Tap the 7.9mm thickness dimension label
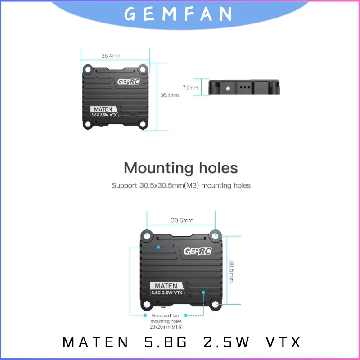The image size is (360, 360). (190, 87)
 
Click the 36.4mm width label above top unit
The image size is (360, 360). (111, 56)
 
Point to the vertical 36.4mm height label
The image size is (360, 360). (170, 95)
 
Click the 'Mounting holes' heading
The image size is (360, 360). (180, 168)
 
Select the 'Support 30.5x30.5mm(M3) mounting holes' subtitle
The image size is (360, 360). (180, 185)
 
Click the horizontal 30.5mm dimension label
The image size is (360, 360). (182, 220)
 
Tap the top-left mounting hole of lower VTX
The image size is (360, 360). (147, 235)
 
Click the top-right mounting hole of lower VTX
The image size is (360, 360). (216, 235)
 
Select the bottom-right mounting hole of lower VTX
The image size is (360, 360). (216, 305)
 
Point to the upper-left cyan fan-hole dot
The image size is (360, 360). (158, 247)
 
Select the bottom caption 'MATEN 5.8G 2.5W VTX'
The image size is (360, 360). (181, 342)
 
